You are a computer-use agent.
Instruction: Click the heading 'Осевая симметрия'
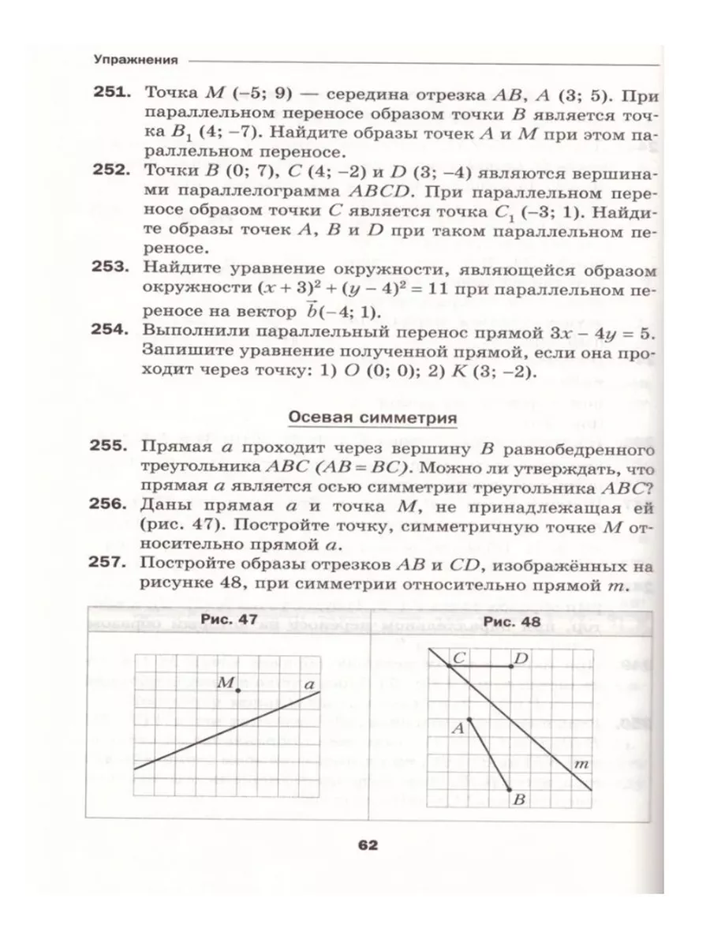point(372,417)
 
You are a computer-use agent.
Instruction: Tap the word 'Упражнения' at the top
point(133,59)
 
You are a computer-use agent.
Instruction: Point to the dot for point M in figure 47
point(238,691)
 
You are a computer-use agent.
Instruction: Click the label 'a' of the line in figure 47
point(308,685)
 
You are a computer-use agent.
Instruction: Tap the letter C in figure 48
point(460,657)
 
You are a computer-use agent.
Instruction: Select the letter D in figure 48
point(521,657)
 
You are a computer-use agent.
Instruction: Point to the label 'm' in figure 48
point(581,763)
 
